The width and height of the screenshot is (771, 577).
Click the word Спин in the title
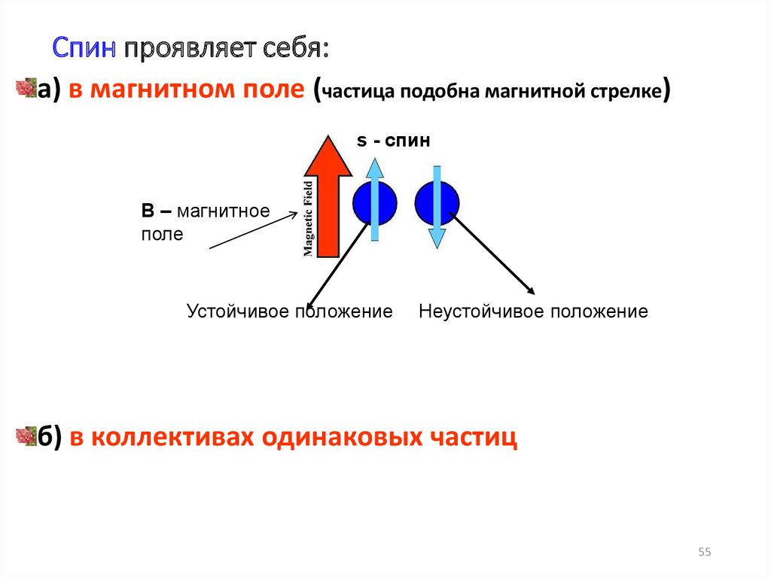84,49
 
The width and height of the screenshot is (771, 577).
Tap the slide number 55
705,553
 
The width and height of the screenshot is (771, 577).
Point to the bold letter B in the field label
148,211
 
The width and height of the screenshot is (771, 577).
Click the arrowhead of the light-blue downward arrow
437,238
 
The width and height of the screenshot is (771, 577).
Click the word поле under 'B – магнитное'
162,234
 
